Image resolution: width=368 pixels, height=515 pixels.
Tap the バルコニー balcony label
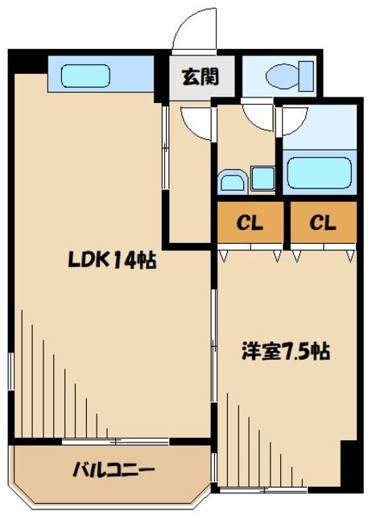(x=113, y=469)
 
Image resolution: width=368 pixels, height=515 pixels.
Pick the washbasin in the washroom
(x=233, y=181)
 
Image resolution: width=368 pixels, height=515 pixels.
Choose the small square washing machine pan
(x=263, y=179)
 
